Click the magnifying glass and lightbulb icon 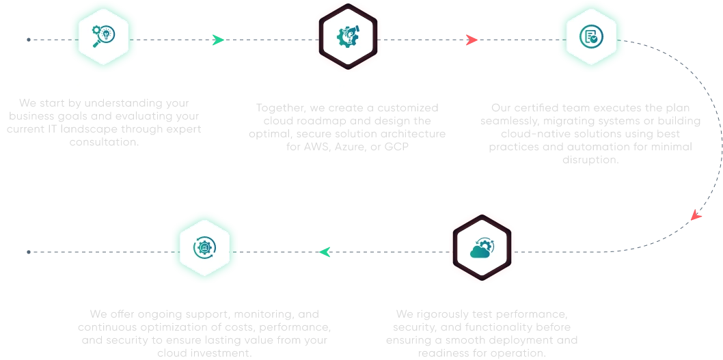104,36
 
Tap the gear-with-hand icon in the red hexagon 348,38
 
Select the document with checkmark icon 590,37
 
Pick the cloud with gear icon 482,247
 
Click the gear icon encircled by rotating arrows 204,247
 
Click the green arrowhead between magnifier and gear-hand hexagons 217,40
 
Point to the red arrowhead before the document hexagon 471,40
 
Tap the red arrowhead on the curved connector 696,216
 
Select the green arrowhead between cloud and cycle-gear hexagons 326,253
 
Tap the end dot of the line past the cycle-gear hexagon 26,251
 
